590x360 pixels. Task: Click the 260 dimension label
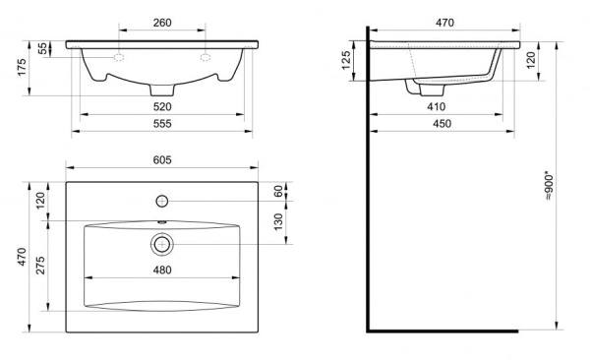coord(162,23)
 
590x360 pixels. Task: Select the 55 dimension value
coord(43,48)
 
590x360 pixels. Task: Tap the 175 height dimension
coord(22,67)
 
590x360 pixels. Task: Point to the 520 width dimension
coord(162,107)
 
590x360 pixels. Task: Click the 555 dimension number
coord(162,124)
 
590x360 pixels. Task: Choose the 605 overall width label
coord(162,160)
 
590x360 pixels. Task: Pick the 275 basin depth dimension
coord(40,266)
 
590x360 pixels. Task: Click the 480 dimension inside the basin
coord(162,270)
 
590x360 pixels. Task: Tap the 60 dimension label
coord(278,191)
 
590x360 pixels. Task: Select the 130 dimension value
coord(278,222)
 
